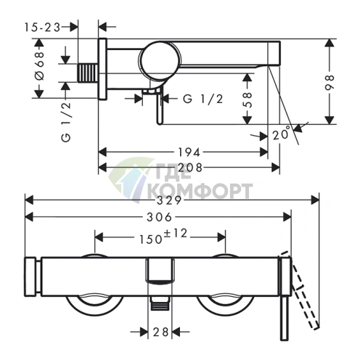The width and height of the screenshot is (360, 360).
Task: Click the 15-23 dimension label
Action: pos(42,28)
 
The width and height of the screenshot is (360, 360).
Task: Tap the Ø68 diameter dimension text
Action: pos(40,65)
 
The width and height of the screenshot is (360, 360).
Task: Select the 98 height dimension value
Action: pos(330,82)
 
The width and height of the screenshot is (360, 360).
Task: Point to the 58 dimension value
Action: pos(247,99)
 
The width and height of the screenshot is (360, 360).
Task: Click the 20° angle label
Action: pos(282,134)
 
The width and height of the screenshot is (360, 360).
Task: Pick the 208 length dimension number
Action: pos(190,168)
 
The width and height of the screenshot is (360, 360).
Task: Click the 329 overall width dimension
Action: pos(169,200)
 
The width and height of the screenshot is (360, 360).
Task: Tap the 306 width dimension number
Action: pos(160,217)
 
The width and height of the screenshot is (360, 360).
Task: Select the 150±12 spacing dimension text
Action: pos(163,237)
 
